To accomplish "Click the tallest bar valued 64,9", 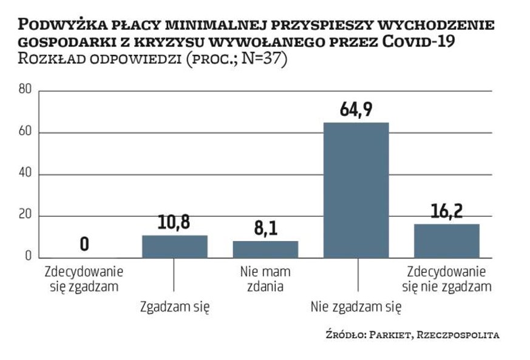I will [x=356, y=189].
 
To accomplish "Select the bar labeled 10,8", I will [x=174, y=246].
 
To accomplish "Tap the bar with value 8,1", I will [x=265, y=249].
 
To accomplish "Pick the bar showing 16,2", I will [x=446, y=240].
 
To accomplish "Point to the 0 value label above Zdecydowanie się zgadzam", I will [x=84, y=243].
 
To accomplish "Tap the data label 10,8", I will [x=174, y=223].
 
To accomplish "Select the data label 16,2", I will [x=446, y=212].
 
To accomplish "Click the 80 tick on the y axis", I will [x=25, y=90].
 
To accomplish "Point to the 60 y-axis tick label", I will [x=25, y=132].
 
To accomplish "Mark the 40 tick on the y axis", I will [x=25, y=174].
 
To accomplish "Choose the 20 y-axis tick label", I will [x=25, y=216].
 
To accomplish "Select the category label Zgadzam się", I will [x=175, y=307].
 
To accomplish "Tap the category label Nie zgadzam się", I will [x=356, y=307].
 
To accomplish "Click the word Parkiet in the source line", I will [x=388, y=335].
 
